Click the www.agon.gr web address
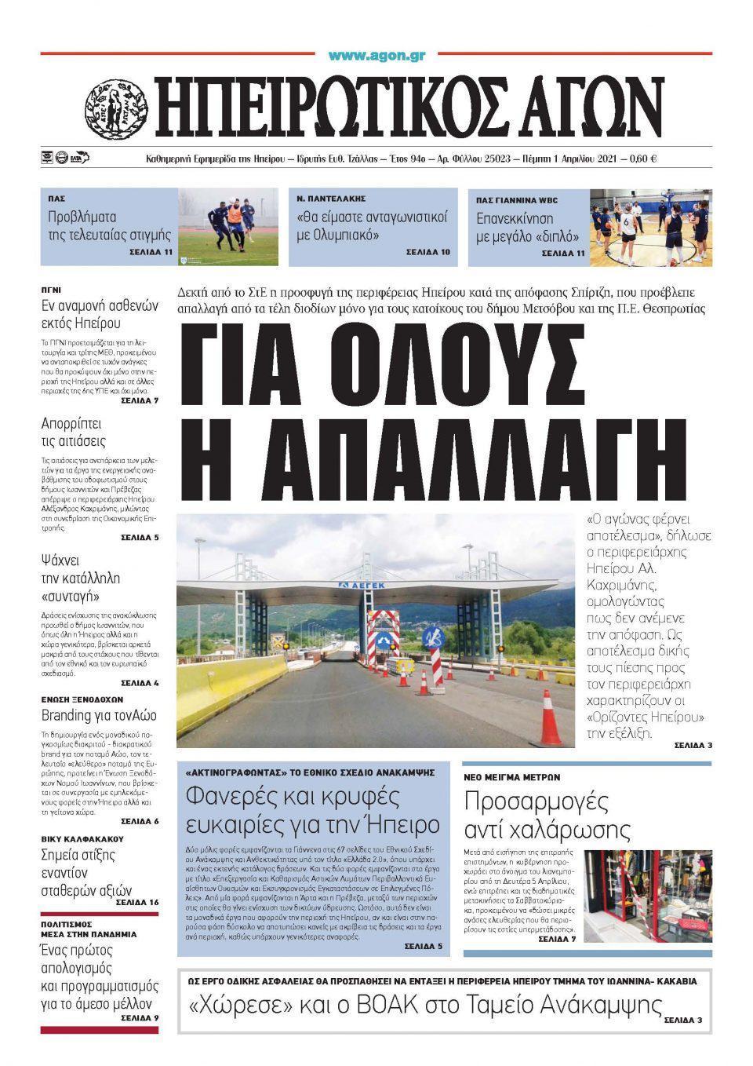tap(376, 57)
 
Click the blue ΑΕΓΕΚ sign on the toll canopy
tap(371, 586)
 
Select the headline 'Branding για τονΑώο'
tap(99, 715)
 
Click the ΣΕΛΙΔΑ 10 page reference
tap(428, 253)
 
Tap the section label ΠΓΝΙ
tap(51, 289)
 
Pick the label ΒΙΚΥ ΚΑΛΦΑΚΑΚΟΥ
tap(82, 839)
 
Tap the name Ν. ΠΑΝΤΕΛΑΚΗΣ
tap(331, 199)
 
